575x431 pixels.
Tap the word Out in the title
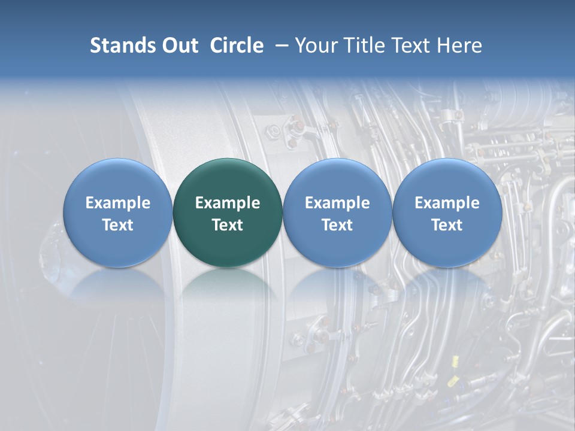point(179,45)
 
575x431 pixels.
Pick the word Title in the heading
point(363,45)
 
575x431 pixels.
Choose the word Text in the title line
point(410,45)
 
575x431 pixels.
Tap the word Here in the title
point(460,45)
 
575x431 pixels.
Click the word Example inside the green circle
point(228,203)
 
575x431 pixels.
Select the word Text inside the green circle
point(228,225)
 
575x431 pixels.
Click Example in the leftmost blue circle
point(118,203)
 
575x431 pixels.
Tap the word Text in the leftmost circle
point(118,225)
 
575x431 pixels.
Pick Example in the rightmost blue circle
point(447,203)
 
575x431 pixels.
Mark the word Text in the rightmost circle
point(447,225)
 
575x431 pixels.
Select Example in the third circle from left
point(337,203)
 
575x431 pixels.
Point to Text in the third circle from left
point(337,225)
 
